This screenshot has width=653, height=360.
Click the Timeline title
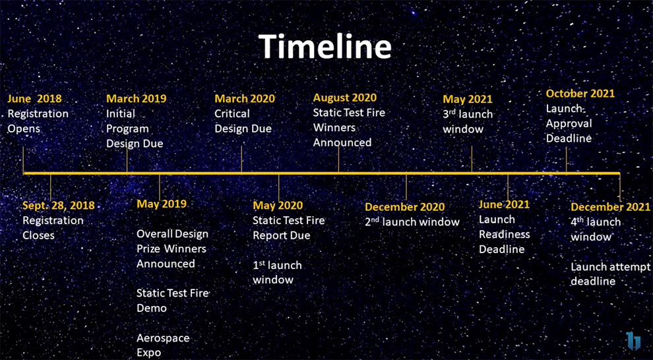(x=325, y=45)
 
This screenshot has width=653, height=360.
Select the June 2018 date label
(x=34, y=99)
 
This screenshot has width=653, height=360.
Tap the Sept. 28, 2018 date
(x=59, y=206)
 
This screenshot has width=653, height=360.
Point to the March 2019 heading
(x=136, y=99)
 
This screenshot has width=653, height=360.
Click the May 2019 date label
(x=162, y=204)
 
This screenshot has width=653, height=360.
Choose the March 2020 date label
(x=245, y=99)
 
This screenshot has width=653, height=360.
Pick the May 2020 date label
(x=278, y=206)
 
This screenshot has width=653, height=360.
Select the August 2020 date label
(x=345, y=98)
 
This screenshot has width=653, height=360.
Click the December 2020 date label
(x=405, y=207)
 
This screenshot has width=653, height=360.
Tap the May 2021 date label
(x=467, y=99)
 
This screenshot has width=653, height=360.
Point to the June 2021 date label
(x=504, y=204)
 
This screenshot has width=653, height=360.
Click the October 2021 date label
(x=580, y=93)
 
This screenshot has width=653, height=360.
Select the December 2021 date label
(x=610, y=207)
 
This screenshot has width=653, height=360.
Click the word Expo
(x=148, y=353)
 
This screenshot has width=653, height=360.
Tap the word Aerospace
(x=163, y=338)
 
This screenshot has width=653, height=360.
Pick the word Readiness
(x=505, y=234)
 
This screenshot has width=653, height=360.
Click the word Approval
(x=569, y=123)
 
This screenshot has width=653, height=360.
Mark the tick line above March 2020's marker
(x=241, y=158)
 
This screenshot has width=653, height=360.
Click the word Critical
(x=232, y=113)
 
